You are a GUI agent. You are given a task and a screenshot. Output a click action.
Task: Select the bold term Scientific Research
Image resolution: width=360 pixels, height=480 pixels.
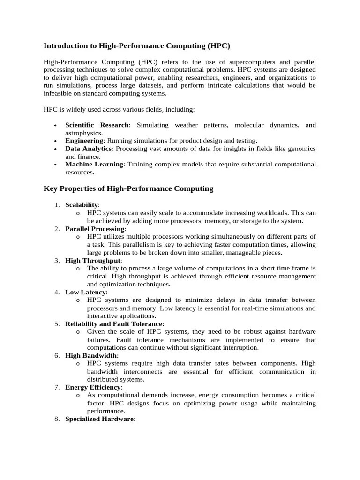click(x=97, y=125)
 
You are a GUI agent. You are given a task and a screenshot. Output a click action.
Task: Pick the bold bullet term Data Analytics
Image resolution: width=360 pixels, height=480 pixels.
click(x=89, y=149)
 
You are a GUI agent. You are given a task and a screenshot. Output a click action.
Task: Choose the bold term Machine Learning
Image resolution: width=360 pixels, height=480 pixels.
click(x=94, y=164)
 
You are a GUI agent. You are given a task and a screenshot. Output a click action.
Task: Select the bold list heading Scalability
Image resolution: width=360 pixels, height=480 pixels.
click(x=82, y=205)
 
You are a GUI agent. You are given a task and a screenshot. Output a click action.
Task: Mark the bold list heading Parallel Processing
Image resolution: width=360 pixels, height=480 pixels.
click(x=95, y=229)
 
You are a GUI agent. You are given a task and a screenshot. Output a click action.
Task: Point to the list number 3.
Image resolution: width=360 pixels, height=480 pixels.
click(x=56, y=261)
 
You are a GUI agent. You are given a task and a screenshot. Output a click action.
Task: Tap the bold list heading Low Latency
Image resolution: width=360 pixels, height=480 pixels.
click(x=85, y=292)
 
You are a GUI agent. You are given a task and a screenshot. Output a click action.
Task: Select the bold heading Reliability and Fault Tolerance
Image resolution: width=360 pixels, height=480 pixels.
click(x=113, y=324)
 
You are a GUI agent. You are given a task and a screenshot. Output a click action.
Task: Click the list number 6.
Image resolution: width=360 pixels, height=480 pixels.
click(x=56, y=356)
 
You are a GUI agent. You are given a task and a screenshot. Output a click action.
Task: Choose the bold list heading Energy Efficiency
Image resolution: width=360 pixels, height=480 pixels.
click(x=93, y=388)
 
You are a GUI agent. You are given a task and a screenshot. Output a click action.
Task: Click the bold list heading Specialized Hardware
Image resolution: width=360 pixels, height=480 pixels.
click(x=99, y=420)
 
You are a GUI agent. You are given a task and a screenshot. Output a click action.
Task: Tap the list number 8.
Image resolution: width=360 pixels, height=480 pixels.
click(x=56, y=420)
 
